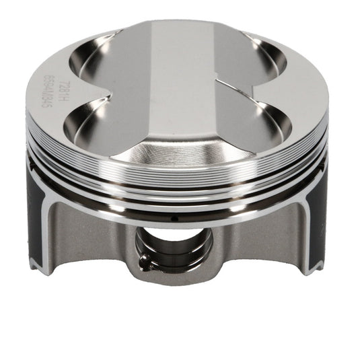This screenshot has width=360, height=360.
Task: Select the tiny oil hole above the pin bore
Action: (x=174, y=217)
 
